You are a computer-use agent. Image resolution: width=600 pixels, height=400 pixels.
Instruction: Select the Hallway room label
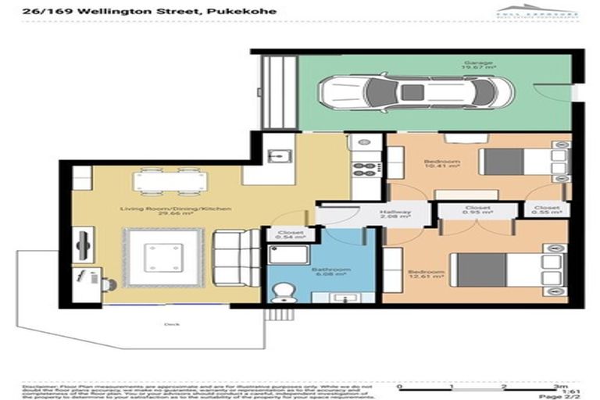[390, 216]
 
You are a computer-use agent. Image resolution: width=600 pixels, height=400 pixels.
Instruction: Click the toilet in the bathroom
[282, 291]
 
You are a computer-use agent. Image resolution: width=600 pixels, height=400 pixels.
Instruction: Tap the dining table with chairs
[170, 181]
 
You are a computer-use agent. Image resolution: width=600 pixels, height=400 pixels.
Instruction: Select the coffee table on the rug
[162, 257]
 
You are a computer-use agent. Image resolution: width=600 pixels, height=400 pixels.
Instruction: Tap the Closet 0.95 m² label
[476, 210]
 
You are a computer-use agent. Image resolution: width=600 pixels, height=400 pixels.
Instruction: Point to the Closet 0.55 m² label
[546, 210]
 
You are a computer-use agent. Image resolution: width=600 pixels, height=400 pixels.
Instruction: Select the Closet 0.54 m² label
[291, 235]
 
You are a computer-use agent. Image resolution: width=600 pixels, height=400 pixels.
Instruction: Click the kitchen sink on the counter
[277, 155]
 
